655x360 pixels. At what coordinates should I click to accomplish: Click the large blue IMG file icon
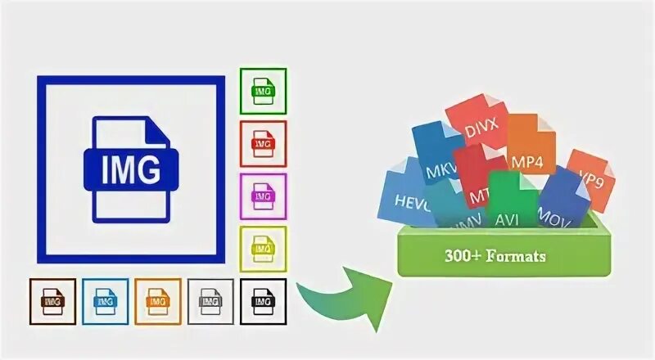[130, 169]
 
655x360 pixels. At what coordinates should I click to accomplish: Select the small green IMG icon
[263, 90]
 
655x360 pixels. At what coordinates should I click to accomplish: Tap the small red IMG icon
[263, 143]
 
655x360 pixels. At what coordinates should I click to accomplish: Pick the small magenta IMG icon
[263, 196]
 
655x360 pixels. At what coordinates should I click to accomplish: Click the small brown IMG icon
[52, 302]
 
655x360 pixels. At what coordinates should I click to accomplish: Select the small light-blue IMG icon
[105, 302]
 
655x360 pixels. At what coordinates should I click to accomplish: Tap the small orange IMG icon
[158, 302]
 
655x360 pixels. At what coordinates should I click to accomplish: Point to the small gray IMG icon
[210, 302]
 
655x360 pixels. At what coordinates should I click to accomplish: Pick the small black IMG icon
[263, 302]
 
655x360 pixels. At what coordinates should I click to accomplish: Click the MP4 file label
[527, 161]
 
